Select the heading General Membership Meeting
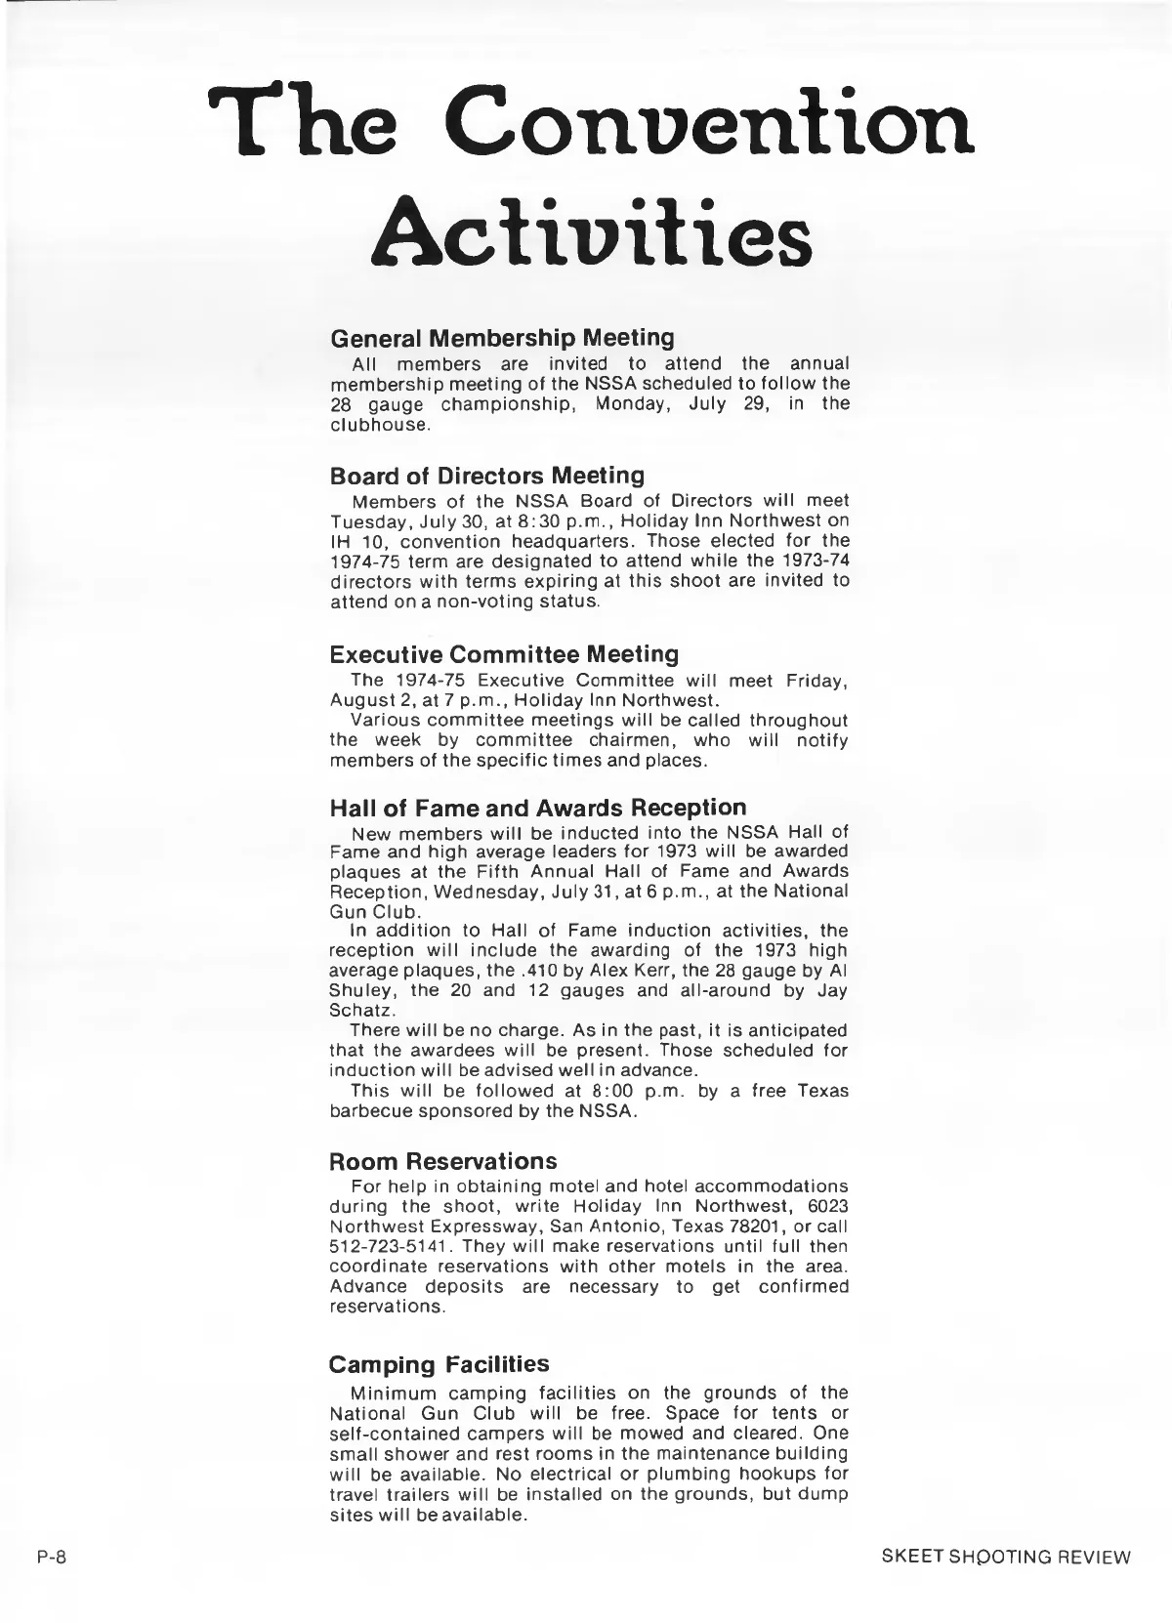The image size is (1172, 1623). [502, 338]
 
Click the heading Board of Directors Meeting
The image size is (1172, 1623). [487, 476]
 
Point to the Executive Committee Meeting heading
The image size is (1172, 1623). [504, 653]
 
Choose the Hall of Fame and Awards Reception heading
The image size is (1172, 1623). [538, 808]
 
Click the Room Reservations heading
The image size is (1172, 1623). [443, 1161]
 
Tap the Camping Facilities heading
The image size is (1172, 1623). [439, 1364]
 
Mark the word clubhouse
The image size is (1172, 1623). [380, 425]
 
